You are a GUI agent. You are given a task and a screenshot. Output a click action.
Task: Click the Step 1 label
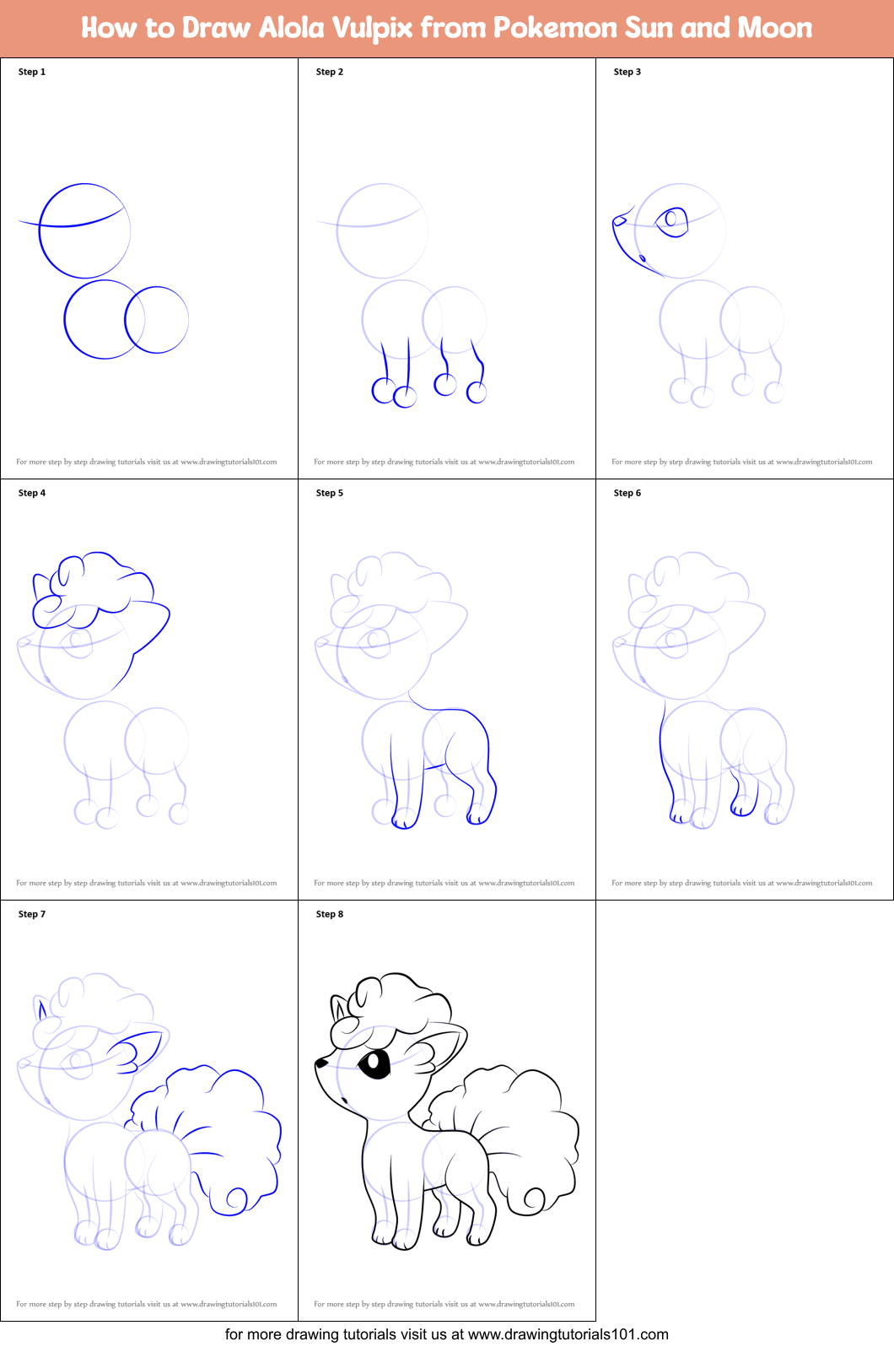tap(32, 72)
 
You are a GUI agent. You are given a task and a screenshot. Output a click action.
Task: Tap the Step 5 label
tap(329, 493)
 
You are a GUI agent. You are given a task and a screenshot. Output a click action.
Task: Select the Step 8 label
tap(329, 913)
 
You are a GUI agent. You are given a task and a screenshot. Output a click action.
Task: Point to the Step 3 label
tap(627, 72)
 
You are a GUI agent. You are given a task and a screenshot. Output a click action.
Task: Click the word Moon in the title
tap(774, 28)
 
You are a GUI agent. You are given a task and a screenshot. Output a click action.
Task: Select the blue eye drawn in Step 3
tap(671, 222)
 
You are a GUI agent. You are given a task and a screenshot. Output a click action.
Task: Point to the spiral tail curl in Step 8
tap(534, 1200)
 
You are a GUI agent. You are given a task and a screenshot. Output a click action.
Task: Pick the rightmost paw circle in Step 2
tap(476, 392)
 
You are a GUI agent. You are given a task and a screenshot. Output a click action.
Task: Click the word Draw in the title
tap(216, 28)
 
